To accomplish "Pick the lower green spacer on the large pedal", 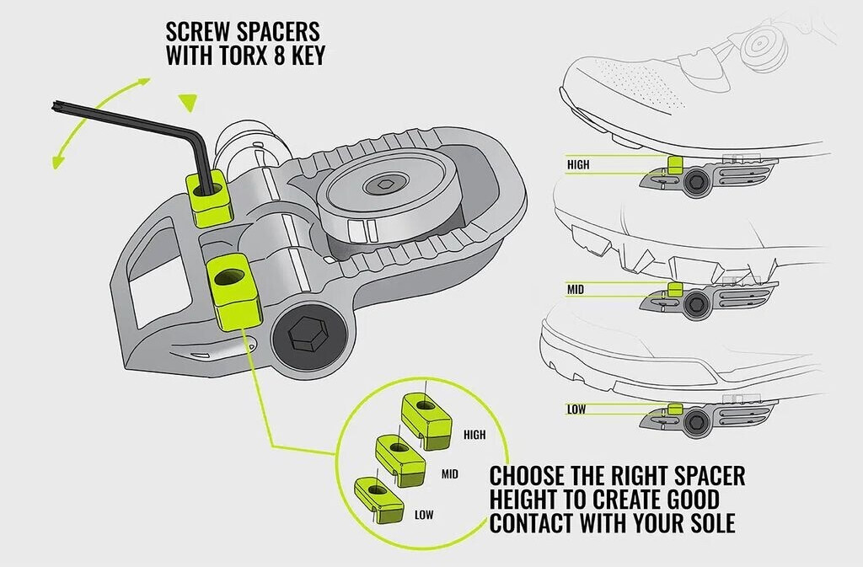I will [x=229, y=292].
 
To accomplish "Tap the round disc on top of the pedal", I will [x=390, y=197].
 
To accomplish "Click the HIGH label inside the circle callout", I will [x=474, y=436].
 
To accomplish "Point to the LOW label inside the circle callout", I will [x=424, y=513].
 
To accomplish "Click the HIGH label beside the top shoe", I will [x=578, y=165].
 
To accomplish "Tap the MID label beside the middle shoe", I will [x=576, y=289].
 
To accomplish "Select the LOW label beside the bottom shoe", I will [x=576, y=409].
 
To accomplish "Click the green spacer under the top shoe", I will [x=674, y=163].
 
